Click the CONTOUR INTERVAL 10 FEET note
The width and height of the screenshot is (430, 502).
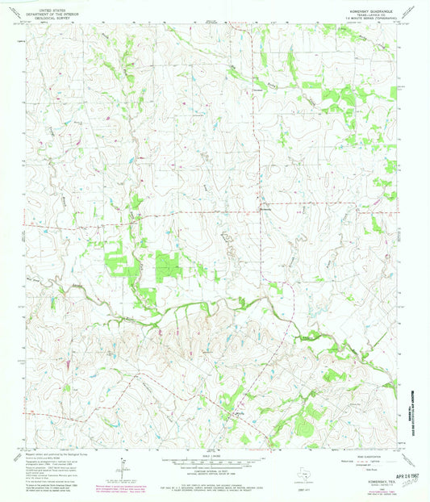(x=212, y=473)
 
